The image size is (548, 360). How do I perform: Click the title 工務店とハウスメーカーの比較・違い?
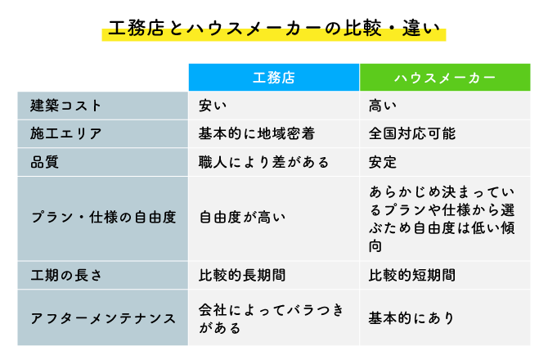[274, 29]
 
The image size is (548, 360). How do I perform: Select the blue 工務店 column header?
[274, 78]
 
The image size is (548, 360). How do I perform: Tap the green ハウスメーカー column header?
[445, 78]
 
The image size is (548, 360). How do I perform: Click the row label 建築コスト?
[65, 106]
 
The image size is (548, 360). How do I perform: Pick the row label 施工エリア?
[65, 133]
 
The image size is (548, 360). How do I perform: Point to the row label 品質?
[44, 162]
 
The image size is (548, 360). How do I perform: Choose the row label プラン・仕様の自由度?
[103, 218]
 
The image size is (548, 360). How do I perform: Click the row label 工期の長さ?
[66, 276]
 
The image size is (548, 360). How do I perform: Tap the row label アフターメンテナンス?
[103, 318]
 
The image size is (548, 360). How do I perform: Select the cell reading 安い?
[213, 106]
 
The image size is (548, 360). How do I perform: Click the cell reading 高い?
[383, 106]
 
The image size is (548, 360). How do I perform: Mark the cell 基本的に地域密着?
[257, 133]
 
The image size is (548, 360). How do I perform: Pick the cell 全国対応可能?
[412, 133]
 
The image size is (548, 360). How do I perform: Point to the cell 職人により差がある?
[264, 162]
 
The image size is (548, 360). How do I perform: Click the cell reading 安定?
[383, 162]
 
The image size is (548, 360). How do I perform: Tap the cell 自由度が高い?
[242, 218]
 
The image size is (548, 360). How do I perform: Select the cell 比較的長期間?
[242, 276]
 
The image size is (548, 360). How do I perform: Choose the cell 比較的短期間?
[412, 276]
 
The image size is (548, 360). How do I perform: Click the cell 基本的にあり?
[411, 318]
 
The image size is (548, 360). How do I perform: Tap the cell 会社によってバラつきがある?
[272, 319]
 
